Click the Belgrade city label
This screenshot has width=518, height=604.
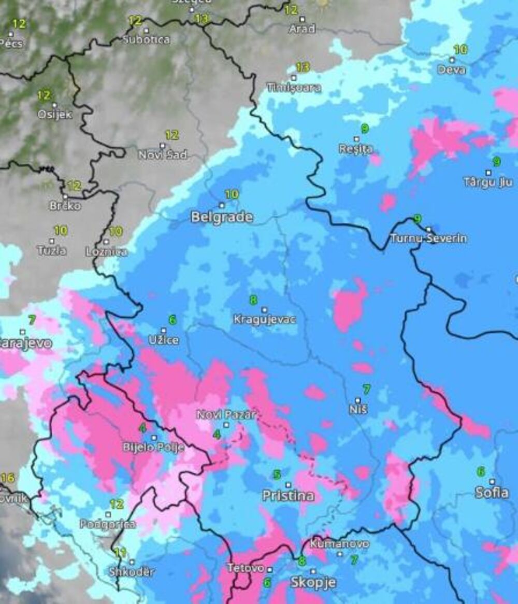pyautogui.click(x=222, y=217)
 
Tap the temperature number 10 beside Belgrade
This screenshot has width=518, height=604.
pyautogui.click(x=232, y=194)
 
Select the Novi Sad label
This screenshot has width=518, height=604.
pyautogui.click(x=163, y=154)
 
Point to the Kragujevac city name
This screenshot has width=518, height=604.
pyautogui.click(x=264, y=319)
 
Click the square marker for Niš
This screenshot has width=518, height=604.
pyautogui.click(x=358, y=400)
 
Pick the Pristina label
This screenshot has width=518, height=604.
pyautogui.click(x=288, y=496)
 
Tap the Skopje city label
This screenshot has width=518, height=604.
pyautogui.click(x=313, y=582)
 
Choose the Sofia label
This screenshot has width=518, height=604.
pyautogui.click(x=492, y=492)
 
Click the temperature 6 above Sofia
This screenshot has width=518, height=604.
pyautogui.click(x=481, y=471)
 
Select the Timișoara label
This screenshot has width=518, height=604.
pyautogui.click(x=294, y=88)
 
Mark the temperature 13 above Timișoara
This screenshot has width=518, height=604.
pyautogui.click(x=303, y=67)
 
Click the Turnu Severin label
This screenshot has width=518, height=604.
pyautogui.click(x=428, y=238)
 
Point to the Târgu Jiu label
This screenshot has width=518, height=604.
pyautogui.click(x=488, y=182)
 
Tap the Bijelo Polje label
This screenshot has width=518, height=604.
pyautogui.click(x=153, y=447)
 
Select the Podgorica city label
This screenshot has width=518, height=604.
pyautogui.click(x=108, y=524)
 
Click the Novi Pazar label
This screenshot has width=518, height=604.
pyautogui.click(x=226, y=415)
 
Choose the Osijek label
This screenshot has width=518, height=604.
pyautogui.click(x=54, y=115)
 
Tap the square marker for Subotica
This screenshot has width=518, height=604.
pyautogui.click(x=146, y=31)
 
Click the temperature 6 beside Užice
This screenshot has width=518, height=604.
pyautogui.click(x=172, y=320)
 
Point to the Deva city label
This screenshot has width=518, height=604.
pyautogui.click(x=452, y=69)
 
